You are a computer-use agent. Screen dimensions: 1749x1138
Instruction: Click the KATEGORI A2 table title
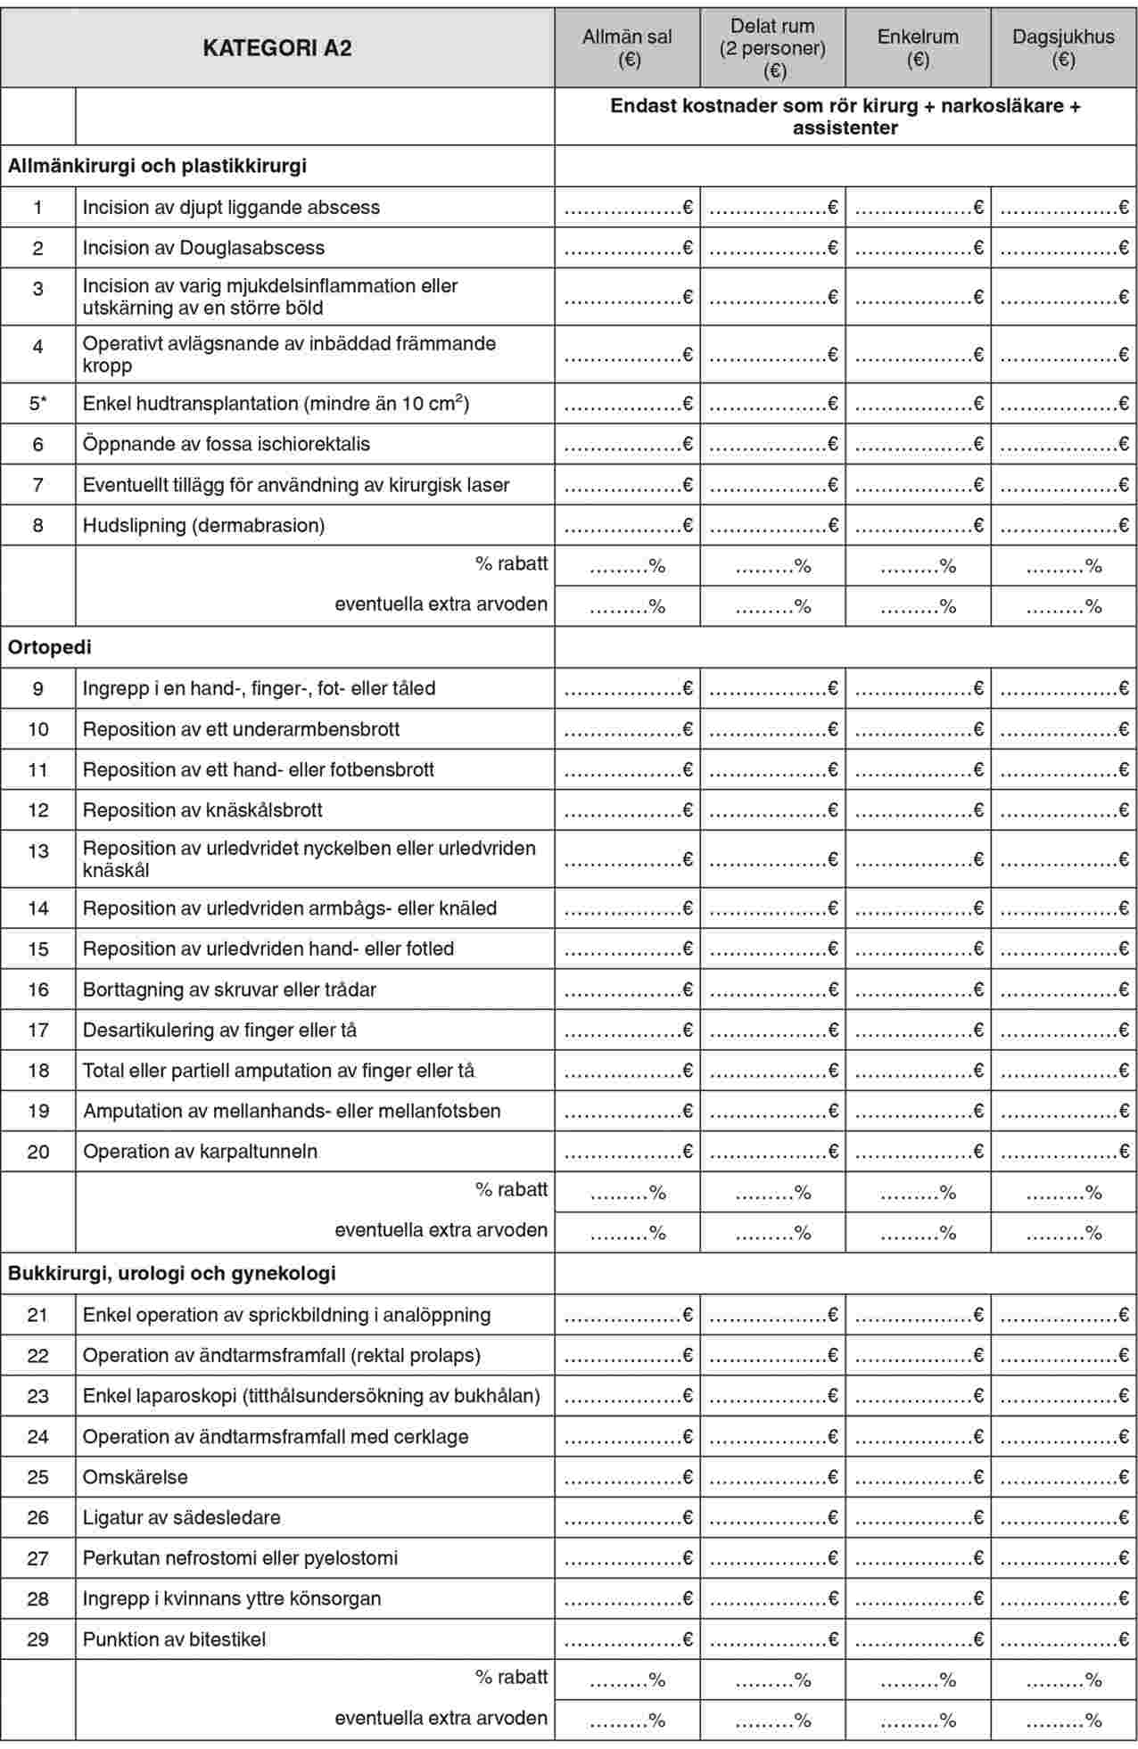(277, 48)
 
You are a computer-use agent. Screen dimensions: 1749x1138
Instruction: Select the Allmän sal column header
(627, 48)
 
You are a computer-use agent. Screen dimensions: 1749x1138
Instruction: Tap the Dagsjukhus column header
(1063, 48)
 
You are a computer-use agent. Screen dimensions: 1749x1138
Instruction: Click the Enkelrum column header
(918, 48)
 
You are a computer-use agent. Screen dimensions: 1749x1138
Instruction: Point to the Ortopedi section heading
(50, 647)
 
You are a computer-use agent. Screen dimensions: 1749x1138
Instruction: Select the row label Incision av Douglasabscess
(203, 248)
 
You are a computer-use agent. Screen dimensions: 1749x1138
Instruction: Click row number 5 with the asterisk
(37, 404)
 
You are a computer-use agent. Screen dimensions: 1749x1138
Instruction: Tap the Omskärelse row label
(136, 1477)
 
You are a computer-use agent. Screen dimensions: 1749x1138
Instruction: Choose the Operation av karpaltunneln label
(200, 1152)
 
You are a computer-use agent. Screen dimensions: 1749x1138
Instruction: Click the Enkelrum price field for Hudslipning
(919, 526)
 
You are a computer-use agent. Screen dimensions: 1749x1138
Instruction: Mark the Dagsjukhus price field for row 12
(1064, 811)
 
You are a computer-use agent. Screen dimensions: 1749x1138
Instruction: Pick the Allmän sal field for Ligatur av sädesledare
(628, 1518)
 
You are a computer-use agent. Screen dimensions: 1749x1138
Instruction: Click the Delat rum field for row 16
(773, 990)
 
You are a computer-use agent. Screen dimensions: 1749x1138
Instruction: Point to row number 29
(37, 1639)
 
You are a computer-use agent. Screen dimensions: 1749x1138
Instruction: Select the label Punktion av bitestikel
(174, 1639)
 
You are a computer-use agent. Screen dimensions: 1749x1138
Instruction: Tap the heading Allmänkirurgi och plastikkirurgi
(157, 166)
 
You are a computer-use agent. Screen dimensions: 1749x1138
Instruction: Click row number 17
(37, 1031)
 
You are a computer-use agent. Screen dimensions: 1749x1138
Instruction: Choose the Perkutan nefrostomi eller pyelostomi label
(240, 1558)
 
